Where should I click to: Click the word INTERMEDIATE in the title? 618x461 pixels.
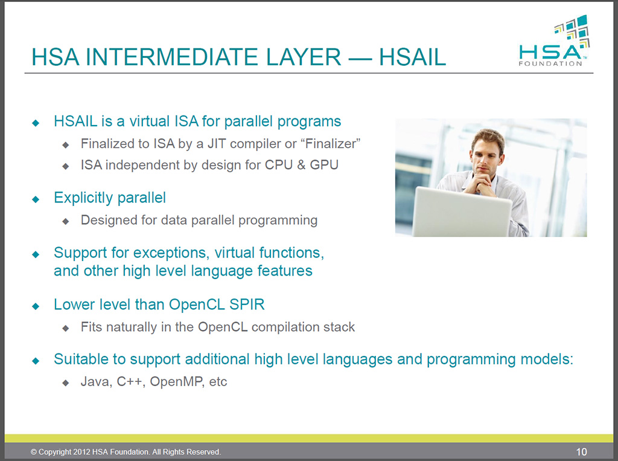pyautogui.click(x=213, y=57)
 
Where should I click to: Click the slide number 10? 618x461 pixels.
pyautogui.click(x=581, y=451)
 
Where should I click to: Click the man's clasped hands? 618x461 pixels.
pyautogui.click(x=479, y=184)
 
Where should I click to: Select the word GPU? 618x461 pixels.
pyautogui.click(x=324, y=165)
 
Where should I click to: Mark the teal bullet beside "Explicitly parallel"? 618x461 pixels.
pyautogui.click(x=36, y=199)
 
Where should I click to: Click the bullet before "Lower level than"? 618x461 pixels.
pyautogui.click(x=36, y=306)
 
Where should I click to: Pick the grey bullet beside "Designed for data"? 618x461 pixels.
pyautogui.click(x=66, y=221)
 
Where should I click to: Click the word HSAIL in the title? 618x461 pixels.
pyautogui.click(x=412, y=57)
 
